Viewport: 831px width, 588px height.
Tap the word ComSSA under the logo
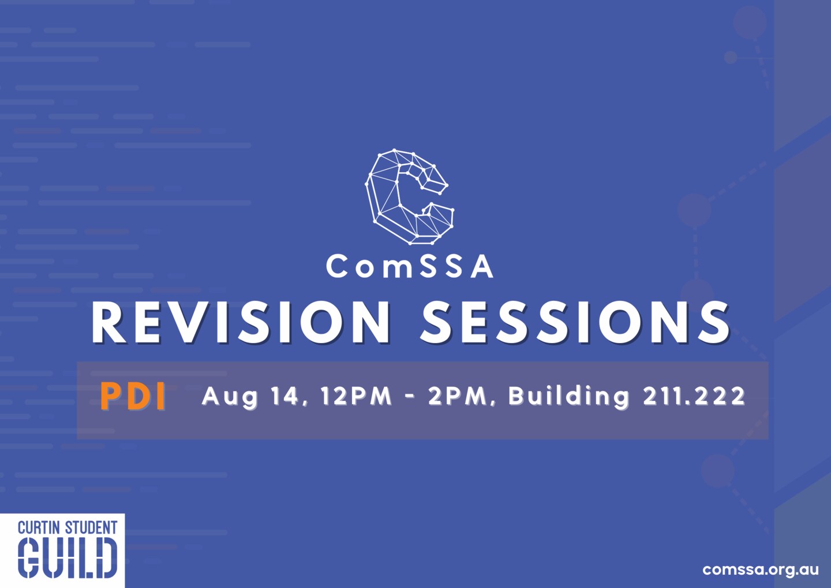click(410, 267)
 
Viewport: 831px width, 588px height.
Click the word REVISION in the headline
click(241, 322)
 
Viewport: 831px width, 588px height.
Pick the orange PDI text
click(133, 397)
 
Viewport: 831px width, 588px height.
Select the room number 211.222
click(694, 396)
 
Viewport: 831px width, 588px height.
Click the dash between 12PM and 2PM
click(410, 396)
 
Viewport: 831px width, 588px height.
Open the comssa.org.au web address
click(761, 570)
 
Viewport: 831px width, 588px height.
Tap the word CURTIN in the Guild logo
click(40, 527)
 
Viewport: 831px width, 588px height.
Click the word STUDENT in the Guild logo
click(91, 527)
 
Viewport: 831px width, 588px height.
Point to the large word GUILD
click(68, 559)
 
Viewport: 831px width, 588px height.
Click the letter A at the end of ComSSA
click(482, 267)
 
